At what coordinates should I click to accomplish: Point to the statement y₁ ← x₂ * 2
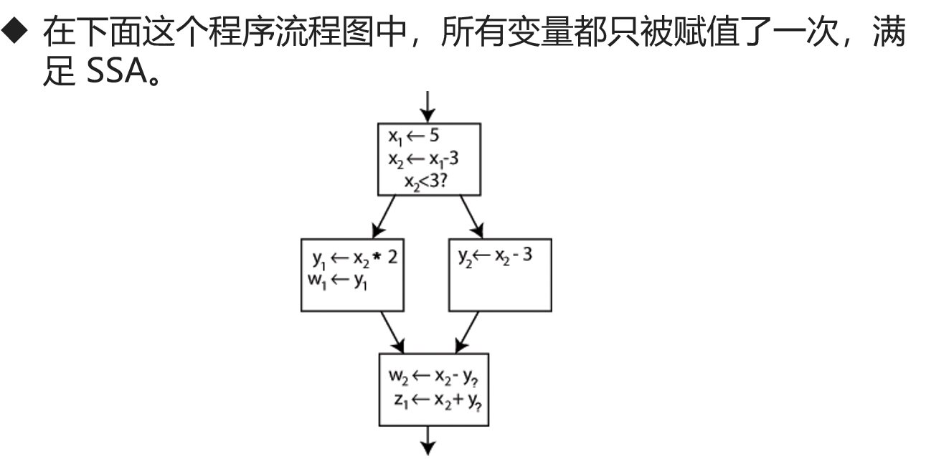[x=354, y=258]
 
